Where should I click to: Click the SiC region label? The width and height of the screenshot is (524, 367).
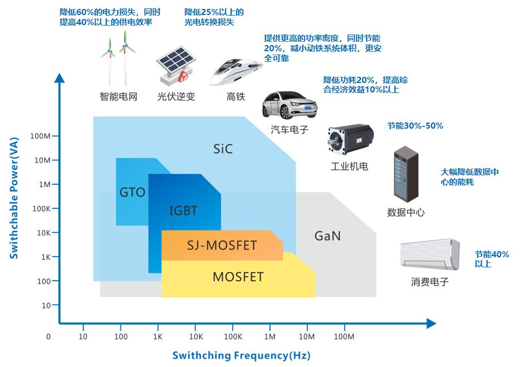[223, 149]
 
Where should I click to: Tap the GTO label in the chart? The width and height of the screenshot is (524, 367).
[132, 193]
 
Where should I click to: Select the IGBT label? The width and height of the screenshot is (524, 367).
[183, 211]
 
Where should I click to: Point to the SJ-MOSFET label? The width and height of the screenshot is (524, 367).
[222, 246]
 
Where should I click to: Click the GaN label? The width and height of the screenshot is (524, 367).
[327, 236]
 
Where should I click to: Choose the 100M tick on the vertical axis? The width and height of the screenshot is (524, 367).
[41, 136]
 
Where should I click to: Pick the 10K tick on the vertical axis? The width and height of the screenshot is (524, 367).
[43, 233]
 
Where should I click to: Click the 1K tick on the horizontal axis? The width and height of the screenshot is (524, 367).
[157, 337]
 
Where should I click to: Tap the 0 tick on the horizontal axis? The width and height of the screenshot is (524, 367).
[48, 337]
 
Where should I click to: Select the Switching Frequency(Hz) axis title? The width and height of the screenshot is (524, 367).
[241, 355]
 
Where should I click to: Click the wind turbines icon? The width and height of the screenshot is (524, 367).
[118, 58]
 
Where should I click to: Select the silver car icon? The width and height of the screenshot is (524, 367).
[289, 105]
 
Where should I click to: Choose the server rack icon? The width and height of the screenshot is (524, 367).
[405, 175]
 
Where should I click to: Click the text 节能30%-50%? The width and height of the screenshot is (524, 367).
[415, 126]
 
